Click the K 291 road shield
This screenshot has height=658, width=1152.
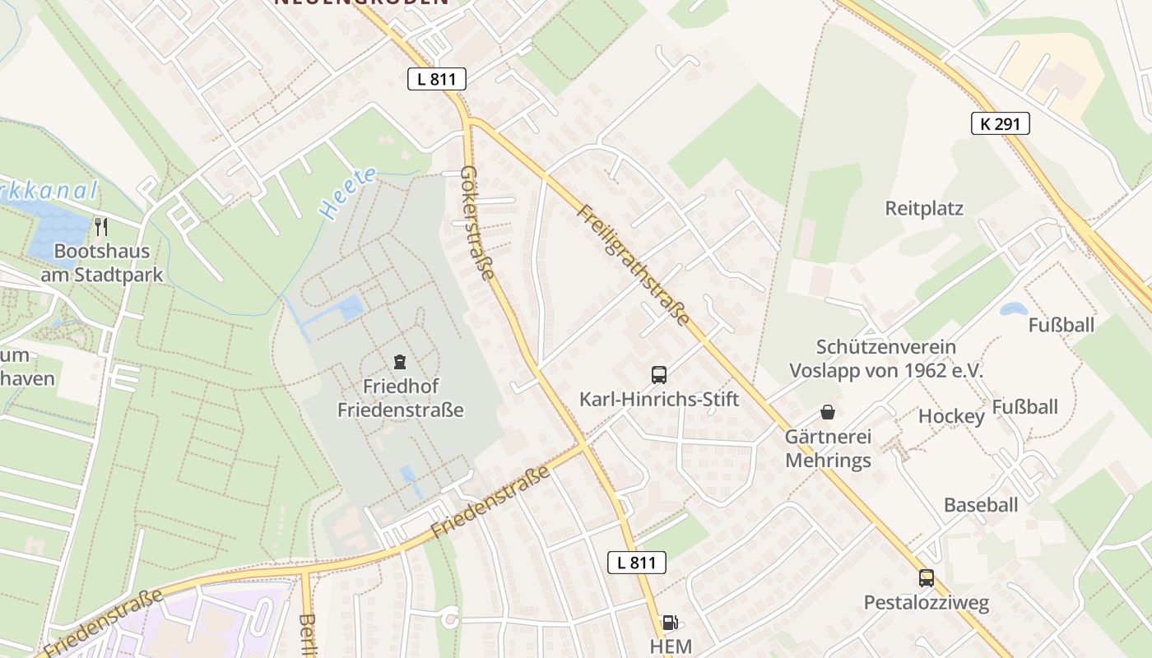point(1000,123)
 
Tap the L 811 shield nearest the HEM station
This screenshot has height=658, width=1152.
point(636,563)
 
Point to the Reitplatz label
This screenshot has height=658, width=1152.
point(924,208)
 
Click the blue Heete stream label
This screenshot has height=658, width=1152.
point(348,194)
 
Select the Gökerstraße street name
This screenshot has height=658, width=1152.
point(478,222)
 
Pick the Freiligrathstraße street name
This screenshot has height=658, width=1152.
point(633,263)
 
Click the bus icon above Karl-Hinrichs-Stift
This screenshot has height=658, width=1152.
point(659,375)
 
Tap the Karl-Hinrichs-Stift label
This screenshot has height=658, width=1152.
point(659,400)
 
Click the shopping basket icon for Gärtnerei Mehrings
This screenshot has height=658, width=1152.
point(828,412)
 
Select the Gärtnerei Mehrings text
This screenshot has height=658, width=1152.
point(828,448)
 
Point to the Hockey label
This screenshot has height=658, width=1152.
point(951,416)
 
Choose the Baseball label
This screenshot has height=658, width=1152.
point(981,505)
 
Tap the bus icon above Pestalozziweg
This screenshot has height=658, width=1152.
point(927,578)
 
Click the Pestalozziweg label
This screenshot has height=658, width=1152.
point(927,603)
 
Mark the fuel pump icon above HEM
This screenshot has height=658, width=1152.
point(671,623)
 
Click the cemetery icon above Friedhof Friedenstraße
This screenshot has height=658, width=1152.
point(400,361)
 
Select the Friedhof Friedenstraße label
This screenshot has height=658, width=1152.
point(401,397)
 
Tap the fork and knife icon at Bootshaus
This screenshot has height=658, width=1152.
point(101,227)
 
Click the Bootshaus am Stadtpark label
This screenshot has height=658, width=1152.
point(102,262)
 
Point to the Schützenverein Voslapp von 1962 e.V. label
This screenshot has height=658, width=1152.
point(886,359)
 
